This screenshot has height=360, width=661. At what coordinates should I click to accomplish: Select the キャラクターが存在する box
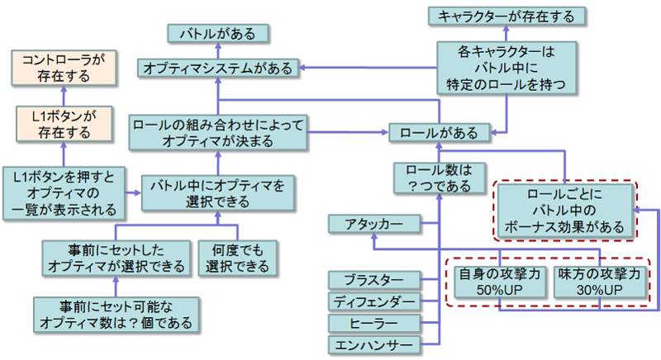507,16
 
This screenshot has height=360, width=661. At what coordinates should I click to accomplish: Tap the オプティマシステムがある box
217,69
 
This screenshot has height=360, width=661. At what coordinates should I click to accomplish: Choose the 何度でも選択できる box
235,258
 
